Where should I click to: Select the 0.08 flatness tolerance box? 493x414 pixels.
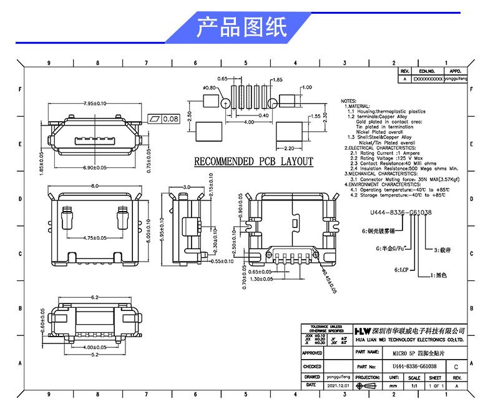[164, 119]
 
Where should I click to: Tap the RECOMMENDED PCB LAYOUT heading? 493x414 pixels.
[253, 162]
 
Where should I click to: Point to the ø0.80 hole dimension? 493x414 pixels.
[209, 87]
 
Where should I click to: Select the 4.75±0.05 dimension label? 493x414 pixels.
[95, 238]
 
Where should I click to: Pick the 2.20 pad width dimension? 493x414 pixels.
[288, 149]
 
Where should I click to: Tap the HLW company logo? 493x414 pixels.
[363, 330]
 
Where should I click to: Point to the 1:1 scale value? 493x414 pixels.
[413, 386]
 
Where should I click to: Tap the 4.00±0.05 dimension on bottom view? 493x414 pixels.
[95, 347]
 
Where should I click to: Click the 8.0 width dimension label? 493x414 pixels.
[95, 186]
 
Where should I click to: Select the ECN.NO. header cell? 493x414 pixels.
[427, 72]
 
